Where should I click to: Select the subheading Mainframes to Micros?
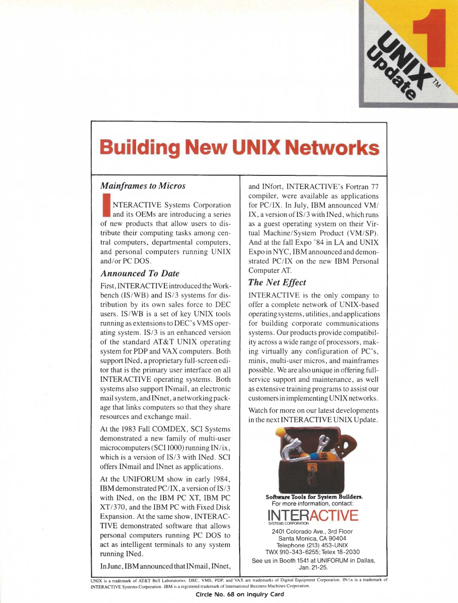142,185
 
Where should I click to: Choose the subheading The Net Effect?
277,282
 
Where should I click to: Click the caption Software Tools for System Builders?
314,496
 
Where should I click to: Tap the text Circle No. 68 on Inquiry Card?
240,594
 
